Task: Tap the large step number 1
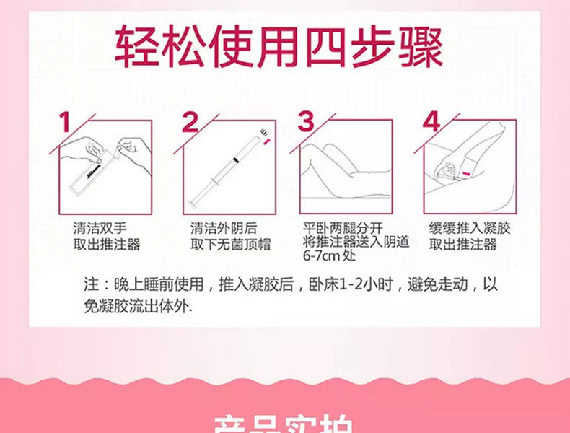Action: pos(66,123)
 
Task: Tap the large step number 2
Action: pos(190,123)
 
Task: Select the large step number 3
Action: pos(307,123)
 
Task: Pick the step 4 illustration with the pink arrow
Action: pos(468,167)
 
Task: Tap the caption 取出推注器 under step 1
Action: pos(106,245)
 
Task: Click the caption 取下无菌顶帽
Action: pos(230,245)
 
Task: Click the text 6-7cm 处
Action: pos(328,256)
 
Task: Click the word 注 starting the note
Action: pos(89,284)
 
